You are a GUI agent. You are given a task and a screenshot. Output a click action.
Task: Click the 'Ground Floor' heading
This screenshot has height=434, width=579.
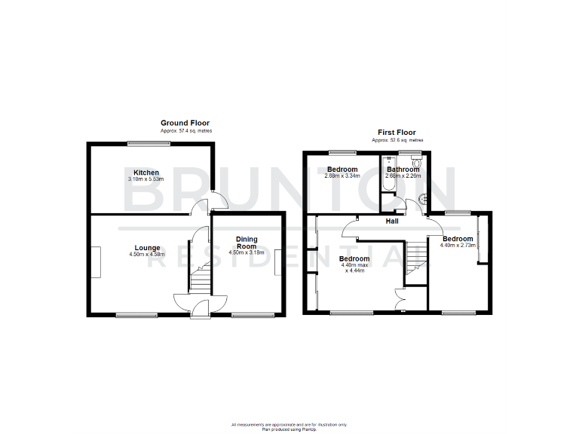point(185,123)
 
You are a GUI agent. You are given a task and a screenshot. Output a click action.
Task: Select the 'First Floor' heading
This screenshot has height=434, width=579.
point(397,132)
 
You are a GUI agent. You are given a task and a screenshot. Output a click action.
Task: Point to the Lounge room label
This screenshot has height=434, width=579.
point(146,247)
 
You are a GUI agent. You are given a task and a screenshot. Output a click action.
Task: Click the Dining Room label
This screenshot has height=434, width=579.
point(247,243)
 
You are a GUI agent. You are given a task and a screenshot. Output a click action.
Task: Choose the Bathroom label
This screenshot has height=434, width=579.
point(403,170)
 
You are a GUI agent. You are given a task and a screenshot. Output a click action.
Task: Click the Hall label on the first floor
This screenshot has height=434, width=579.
point(392,222)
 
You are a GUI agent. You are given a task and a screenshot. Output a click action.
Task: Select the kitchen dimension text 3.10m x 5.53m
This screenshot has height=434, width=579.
point(146,179)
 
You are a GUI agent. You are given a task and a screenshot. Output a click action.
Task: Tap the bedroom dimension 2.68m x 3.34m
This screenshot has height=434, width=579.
point(342,176)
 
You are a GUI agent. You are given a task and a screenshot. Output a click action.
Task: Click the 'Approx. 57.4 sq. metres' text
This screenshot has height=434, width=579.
point(185,131)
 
